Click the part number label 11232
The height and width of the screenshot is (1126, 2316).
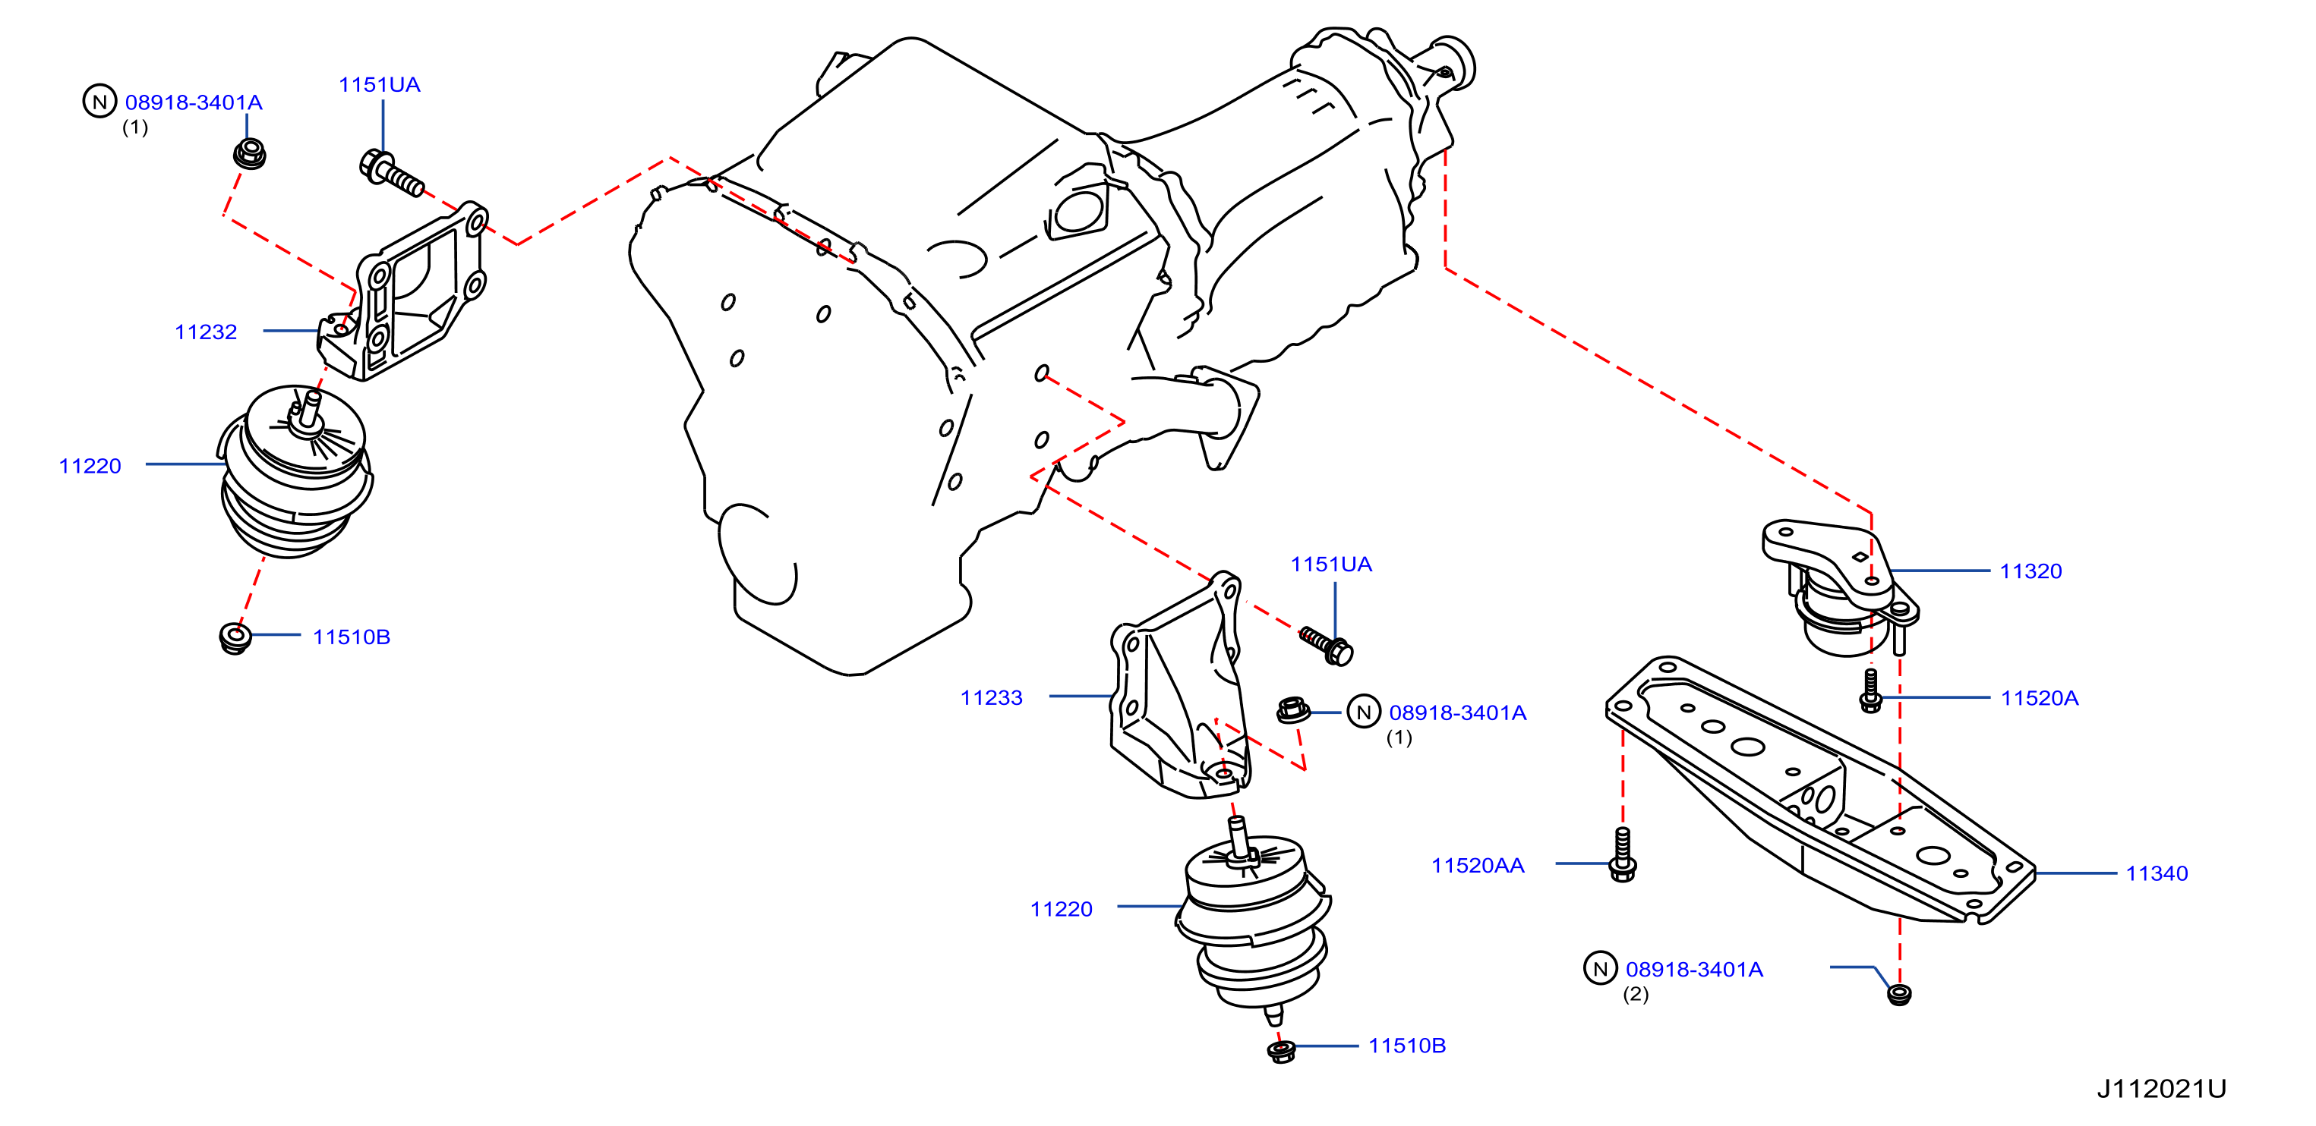(x=206, y=332)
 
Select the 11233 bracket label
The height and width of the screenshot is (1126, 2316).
(x=992, y=697)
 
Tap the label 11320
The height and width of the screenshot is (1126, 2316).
(x=2031, y=571)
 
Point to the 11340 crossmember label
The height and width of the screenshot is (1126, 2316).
(x=2157, y=873)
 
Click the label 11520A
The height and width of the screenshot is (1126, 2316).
(x=2040, y=697)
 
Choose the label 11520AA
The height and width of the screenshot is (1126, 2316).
(x=1478, y=866)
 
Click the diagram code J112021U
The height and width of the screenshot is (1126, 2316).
(x=2163, y=1089)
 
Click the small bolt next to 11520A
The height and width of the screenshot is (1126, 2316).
(x=1871, y=690)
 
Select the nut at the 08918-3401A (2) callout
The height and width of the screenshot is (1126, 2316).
(x=1899, y=994)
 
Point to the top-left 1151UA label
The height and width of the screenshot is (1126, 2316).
(x=380, y=84)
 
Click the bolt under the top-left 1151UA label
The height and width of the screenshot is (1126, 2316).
(x=391, y=174)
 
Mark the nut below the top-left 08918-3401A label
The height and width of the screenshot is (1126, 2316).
(x=249, y=154)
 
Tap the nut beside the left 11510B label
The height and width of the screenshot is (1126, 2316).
(x=235, y=637)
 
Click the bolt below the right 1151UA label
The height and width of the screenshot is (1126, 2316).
(x=1327, y=645)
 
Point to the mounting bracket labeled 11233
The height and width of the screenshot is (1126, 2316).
(x=1179, y=687)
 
